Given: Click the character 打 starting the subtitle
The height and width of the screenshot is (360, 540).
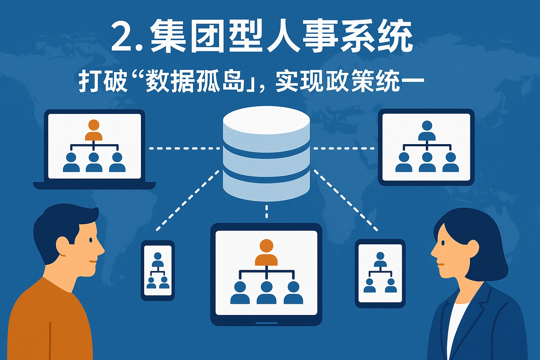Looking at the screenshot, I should pyautogui.click(x=88, y=81).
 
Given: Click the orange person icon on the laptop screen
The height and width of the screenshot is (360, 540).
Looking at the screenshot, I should pyautogui.click(x=94, y=130).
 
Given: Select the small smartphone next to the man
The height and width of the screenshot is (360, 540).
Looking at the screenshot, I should pyautogui.click(x=157, y=270).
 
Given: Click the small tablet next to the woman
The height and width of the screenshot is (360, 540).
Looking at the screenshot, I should pyautogui.click(x=380, y=273).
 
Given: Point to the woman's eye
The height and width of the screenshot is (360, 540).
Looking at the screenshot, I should pyautogui.click(x=443, y=243).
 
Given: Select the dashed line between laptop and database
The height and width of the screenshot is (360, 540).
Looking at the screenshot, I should pyautogui.click(x=184, y=148).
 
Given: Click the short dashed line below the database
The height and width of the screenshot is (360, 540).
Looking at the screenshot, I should pyautogui.click(x=266, y=212).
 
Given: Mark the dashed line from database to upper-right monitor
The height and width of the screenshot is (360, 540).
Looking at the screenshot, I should pyautogui.click(x=344, y=148).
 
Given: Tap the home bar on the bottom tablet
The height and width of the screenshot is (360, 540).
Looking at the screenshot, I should pyautogui.click(x=266, y=323).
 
